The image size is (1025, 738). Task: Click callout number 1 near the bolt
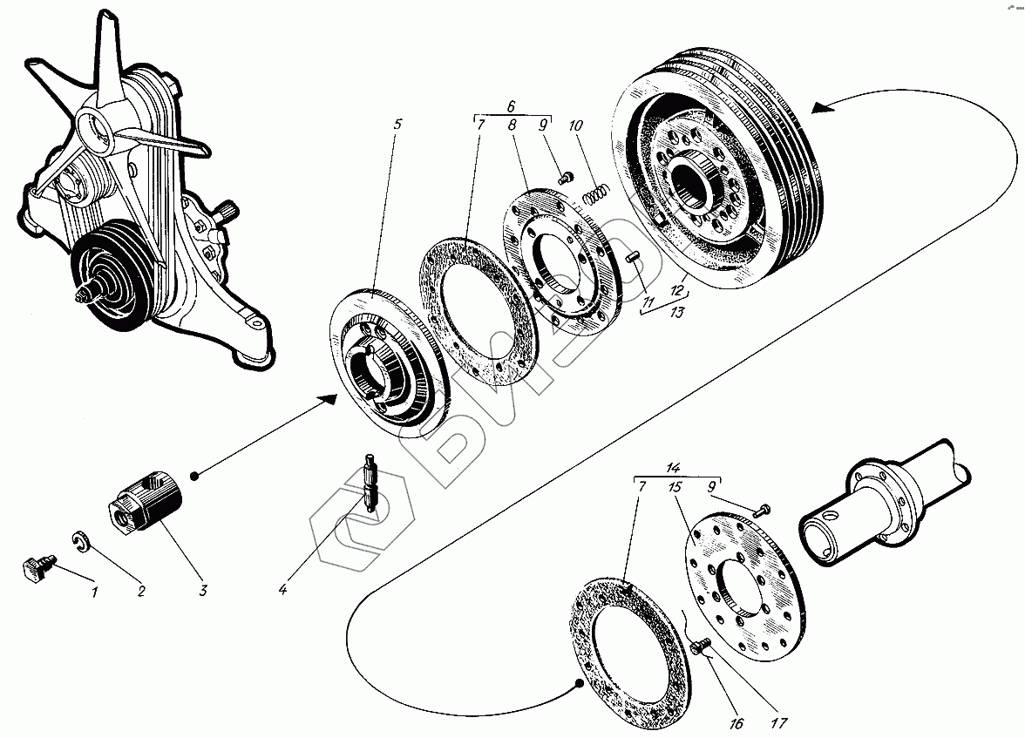pyautogui.click(x=95, y=592)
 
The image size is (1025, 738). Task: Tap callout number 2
pyautogui.click(x=141, y=591)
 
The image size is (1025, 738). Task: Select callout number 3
pyautogui.click(x=203, y=590)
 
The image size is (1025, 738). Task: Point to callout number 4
pyautogui.click(x=283, y=590)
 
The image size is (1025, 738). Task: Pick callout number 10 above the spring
pyautogui.click(x=575, y=125)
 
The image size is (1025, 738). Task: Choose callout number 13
pyautogui.click(x=677, y=312)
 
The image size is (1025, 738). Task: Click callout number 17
pyautogui.click(x=779, y=722)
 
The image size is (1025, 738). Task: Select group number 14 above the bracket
pyautogui.click(x=673, y=467)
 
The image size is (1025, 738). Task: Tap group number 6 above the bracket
pyautogui.click(x=511, y=106)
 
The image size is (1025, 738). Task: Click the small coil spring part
pyautogui.click(x=596, y=194)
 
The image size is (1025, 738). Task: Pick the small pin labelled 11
pyautogui.click(x=631, y=257)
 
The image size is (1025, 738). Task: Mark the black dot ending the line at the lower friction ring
pyautogui.click(x=579, y=684)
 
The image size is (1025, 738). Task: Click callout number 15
pyautogui.click(x=675, y=487)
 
